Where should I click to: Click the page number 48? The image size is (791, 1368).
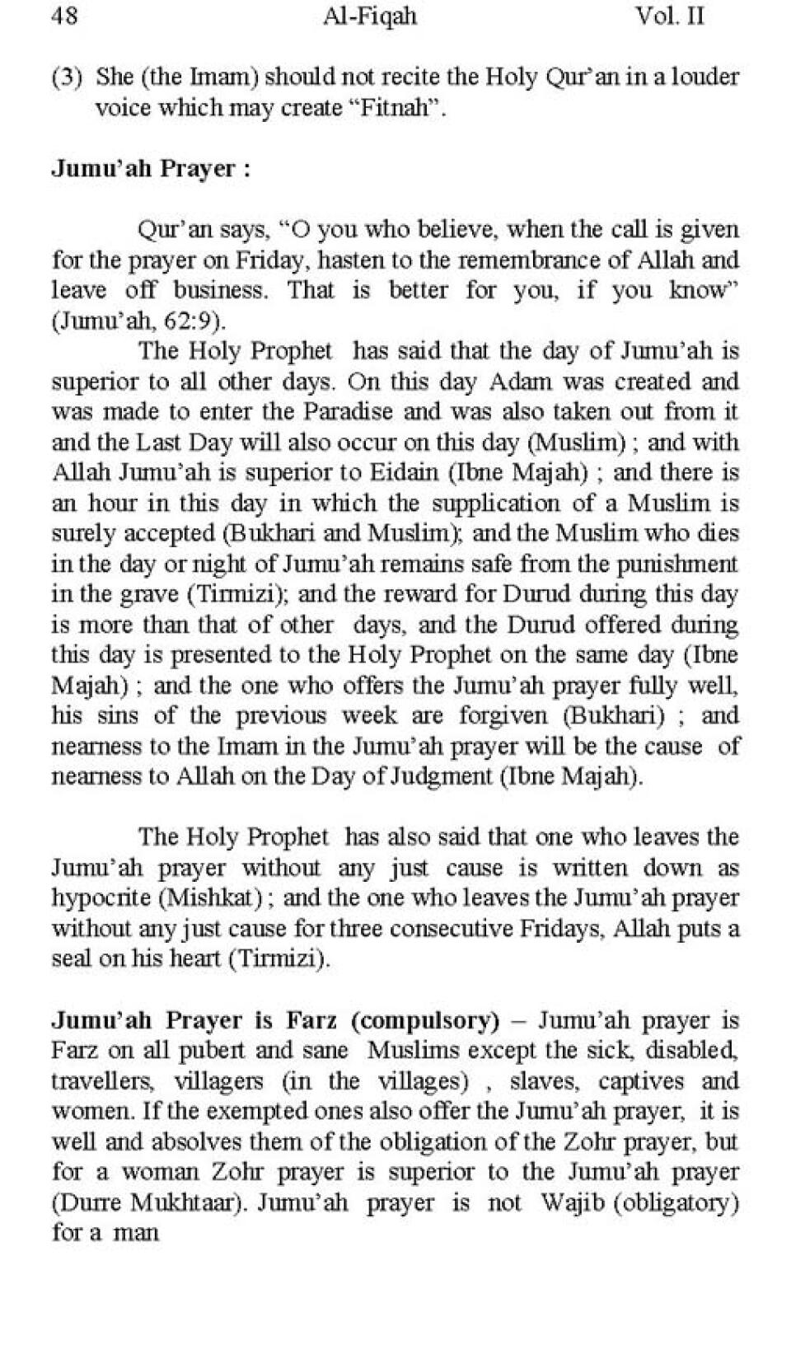(65, 16)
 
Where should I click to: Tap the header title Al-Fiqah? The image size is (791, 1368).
(370, 16)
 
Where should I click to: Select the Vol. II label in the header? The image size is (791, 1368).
(669, 16)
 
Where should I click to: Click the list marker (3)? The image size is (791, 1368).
(67, 77)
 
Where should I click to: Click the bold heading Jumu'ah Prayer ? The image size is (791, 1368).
(151, 169)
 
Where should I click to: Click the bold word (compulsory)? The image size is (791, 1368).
(425, 1020)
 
